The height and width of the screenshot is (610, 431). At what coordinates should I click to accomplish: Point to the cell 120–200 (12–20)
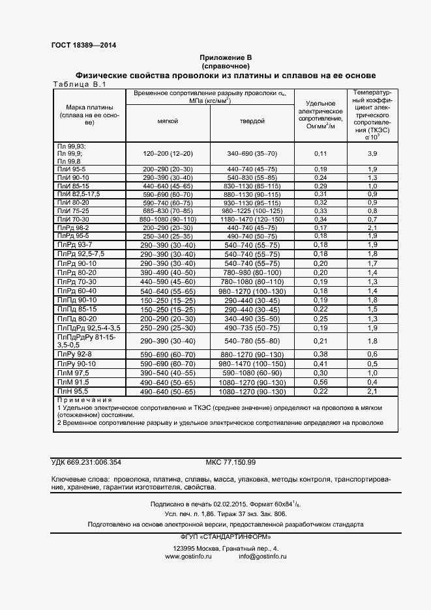coord(168,153)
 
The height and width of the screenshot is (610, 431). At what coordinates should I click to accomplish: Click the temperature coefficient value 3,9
coord(372,153)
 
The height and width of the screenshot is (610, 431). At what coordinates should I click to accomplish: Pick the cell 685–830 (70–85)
coord(168,211)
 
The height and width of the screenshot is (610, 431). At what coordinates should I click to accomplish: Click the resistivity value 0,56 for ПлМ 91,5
coord(320,382)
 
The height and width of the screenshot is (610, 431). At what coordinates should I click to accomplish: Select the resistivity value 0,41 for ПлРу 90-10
coord(320,363)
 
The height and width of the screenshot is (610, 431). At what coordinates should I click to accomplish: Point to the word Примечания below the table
coord(85,399)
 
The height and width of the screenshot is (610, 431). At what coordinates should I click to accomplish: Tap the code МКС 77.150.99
coord(231,462)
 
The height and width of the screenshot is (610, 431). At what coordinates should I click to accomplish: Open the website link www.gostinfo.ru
coord(185,557)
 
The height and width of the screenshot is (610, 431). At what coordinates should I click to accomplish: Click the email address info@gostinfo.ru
coord(262,557)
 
